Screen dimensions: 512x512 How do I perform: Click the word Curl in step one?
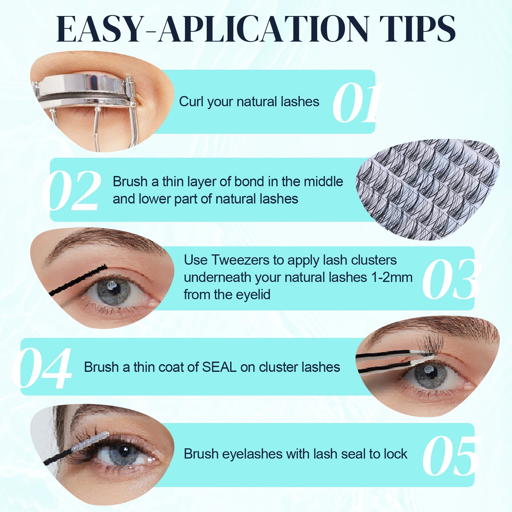tap(191, 102)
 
